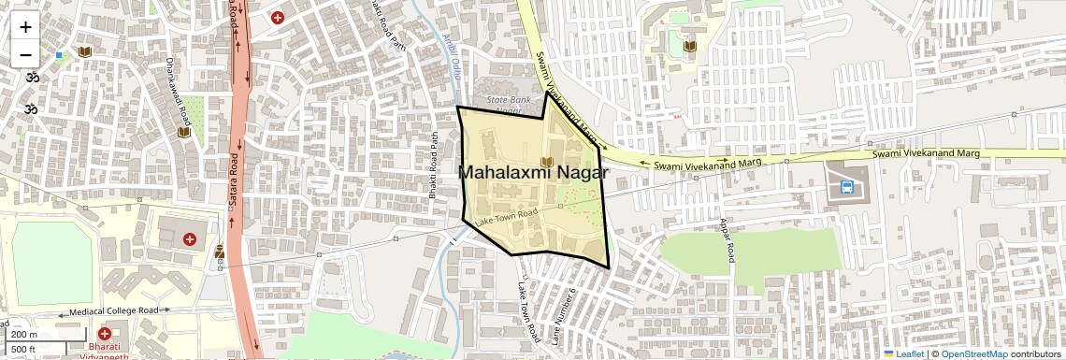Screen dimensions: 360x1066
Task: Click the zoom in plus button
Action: pos(25,26)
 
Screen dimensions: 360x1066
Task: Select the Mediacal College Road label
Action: pos(116,311)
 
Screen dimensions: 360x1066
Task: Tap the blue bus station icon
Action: pos(846,186)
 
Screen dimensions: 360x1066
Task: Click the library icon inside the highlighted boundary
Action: pos(547,161)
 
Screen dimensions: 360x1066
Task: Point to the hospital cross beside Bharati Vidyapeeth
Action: pos(104,333)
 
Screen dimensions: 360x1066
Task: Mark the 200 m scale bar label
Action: pos(25,334)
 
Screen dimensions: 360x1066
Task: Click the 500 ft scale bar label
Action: pos(23,349)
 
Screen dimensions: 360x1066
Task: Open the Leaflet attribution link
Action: pos(904,353)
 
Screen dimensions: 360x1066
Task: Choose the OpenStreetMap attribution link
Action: pos(973,353)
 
